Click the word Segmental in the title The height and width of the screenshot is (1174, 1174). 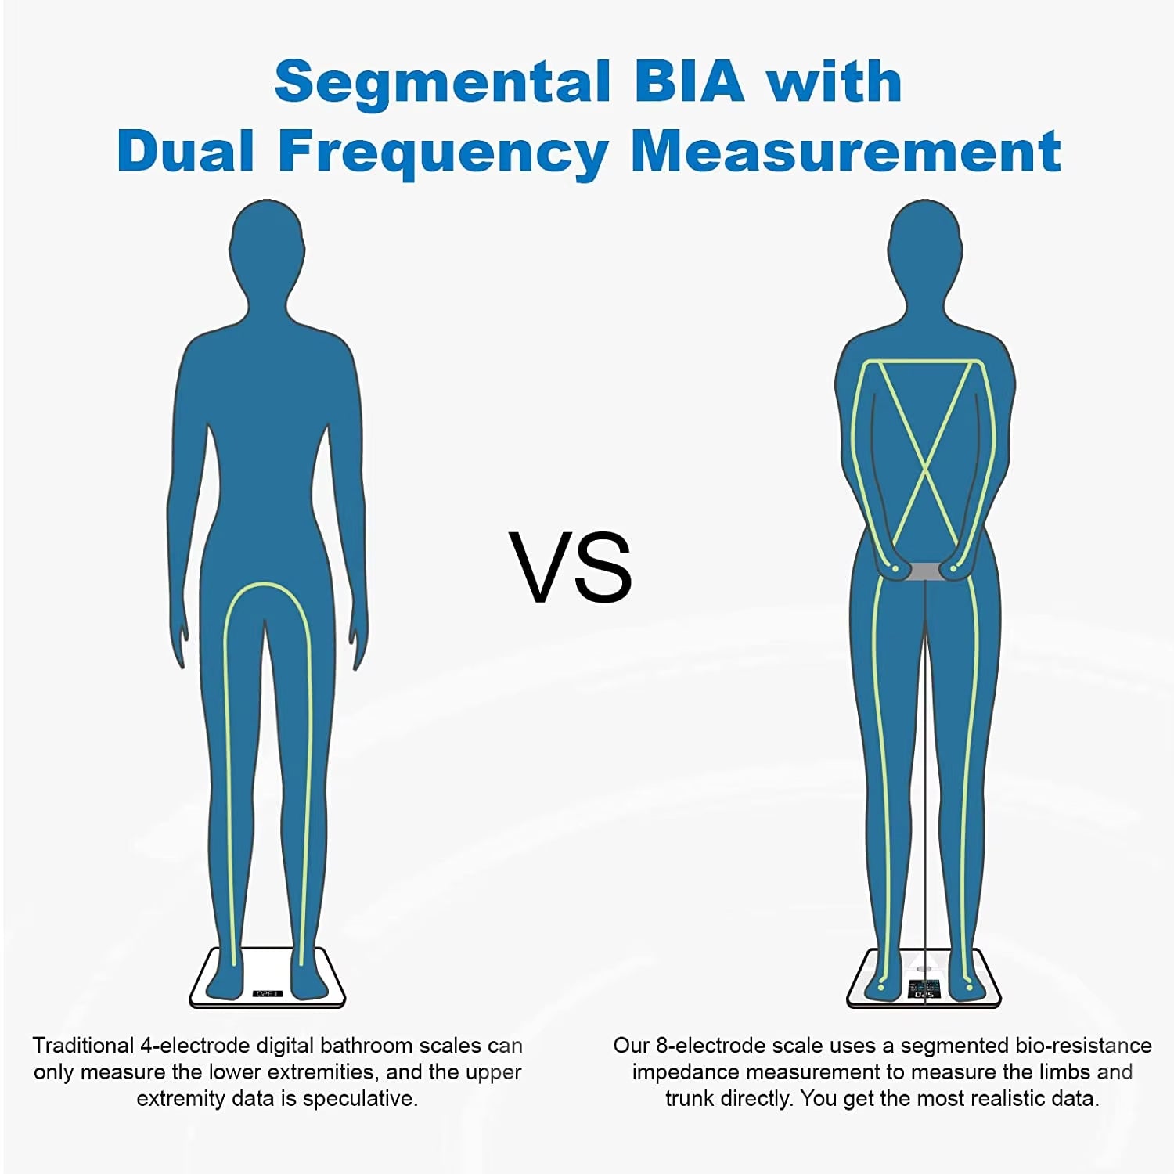point(442,81)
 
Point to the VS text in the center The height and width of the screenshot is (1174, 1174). point(571,567)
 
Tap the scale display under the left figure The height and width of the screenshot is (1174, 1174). point(267,993)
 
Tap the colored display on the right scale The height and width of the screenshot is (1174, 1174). point(925,989)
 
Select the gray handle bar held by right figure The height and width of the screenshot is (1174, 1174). point(925,571)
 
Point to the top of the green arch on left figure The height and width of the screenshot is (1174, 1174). point(266,585)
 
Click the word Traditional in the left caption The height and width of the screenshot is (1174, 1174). point(83,1046)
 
